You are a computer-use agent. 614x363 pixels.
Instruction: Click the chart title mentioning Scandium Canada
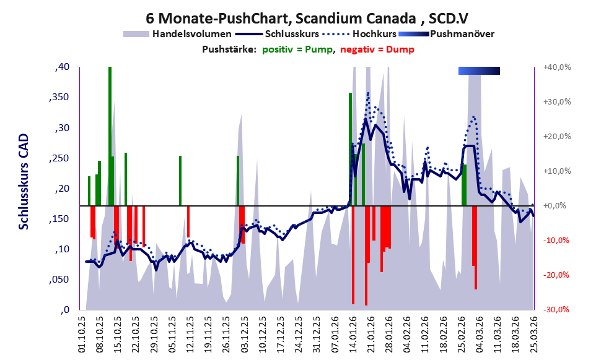point(307,17)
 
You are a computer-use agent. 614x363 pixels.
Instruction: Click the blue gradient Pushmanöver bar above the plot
point(479,71)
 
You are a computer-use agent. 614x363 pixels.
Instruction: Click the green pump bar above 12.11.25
point(180,181)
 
